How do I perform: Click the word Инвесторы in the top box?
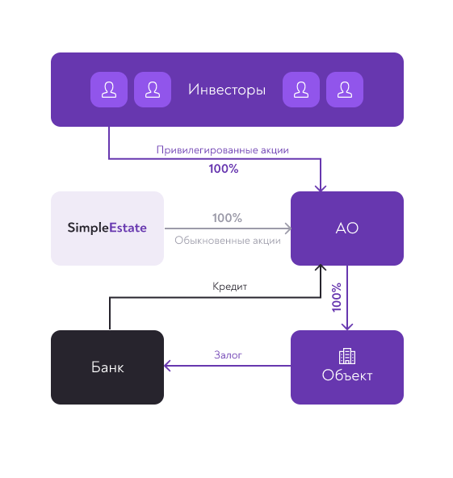point(227,90)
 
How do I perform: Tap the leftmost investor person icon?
point(109,90)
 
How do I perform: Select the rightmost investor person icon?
point(345,90)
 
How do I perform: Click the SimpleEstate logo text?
point(107,228)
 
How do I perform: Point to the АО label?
point(347,228)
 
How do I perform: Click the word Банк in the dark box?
point(107,367)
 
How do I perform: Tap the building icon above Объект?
point(347,356)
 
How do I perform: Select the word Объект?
point(347,375)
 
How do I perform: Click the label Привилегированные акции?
point(223,150)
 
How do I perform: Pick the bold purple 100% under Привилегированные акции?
point(224,169)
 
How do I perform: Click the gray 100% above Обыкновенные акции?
point(227,218)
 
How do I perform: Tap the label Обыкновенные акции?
point(228,241)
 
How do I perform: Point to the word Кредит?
point(229,287)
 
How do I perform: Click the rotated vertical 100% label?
point(336,297)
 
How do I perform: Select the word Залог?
point(228,355)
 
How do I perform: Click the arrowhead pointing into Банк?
point(167,366)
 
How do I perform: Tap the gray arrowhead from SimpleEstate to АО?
point(287,229)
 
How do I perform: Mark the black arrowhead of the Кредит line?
point(321,267)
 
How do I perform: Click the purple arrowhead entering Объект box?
point(347,327)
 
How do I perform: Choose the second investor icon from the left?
point(153,90)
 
